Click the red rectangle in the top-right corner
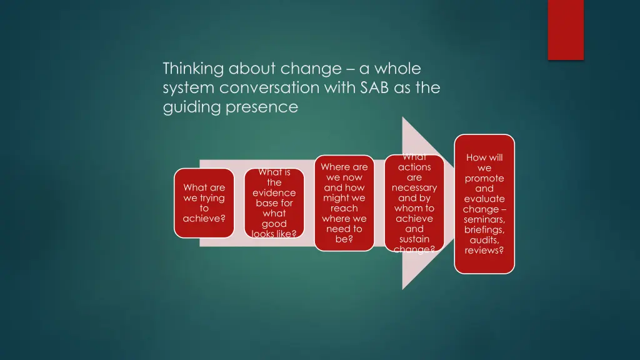click(566, 29)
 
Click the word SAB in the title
click(374, 88)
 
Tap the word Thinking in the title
click(194, 68)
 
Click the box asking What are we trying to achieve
click(204, 203)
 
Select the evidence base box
click(274, 203)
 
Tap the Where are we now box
click(344, 203)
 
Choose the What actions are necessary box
click(414, 203)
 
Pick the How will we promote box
click(484, 204)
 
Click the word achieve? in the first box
click(204, 219)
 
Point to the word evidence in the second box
click(274, 193)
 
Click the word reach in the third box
click(344, 208)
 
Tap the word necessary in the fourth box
click(414, 188)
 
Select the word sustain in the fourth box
click(414, 239)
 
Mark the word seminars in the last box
click(484, 219)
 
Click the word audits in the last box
click(484, 240)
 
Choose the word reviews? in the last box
click(484, 251)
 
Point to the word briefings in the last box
click(484, 230)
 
